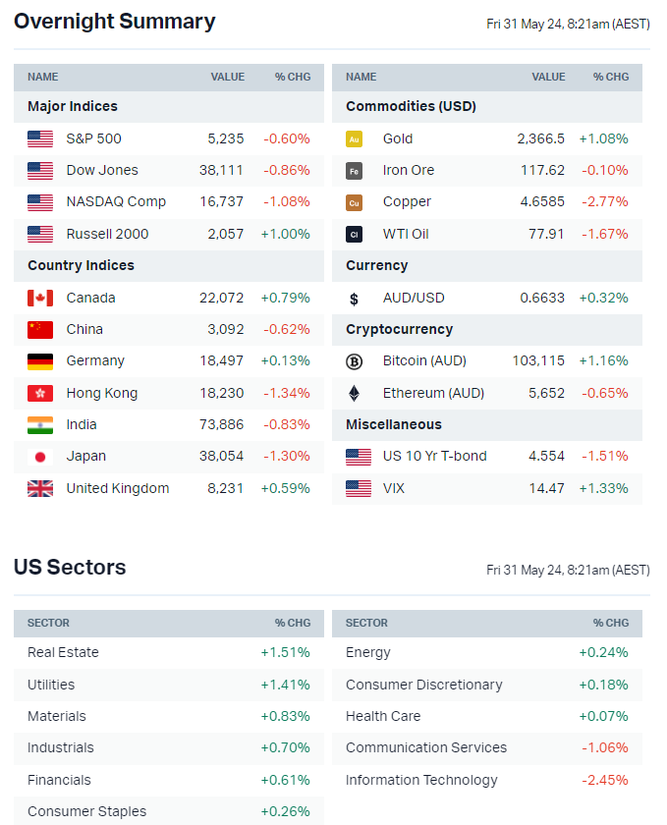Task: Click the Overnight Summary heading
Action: point(114,22)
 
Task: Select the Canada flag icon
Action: point(40,298)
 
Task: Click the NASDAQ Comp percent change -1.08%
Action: point(286,201)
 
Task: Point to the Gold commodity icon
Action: point(354,138)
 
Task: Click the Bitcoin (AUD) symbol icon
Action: point(354,360)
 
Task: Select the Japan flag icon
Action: point(40,456)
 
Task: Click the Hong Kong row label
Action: point(102,393)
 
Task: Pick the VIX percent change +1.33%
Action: point(603,488)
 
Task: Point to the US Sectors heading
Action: point(70,568)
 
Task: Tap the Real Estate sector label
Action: point(63,652)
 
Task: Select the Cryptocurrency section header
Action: point(399,329)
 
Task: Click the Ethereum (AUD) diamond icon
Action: point(354,393)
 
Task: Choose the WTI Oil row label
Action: point(406,234)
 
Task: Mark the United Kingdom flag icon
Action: point(40,488)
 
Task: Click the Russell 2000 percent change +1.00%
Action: point(285,234)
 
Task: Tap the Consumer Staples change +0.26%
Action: point(285,811)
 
